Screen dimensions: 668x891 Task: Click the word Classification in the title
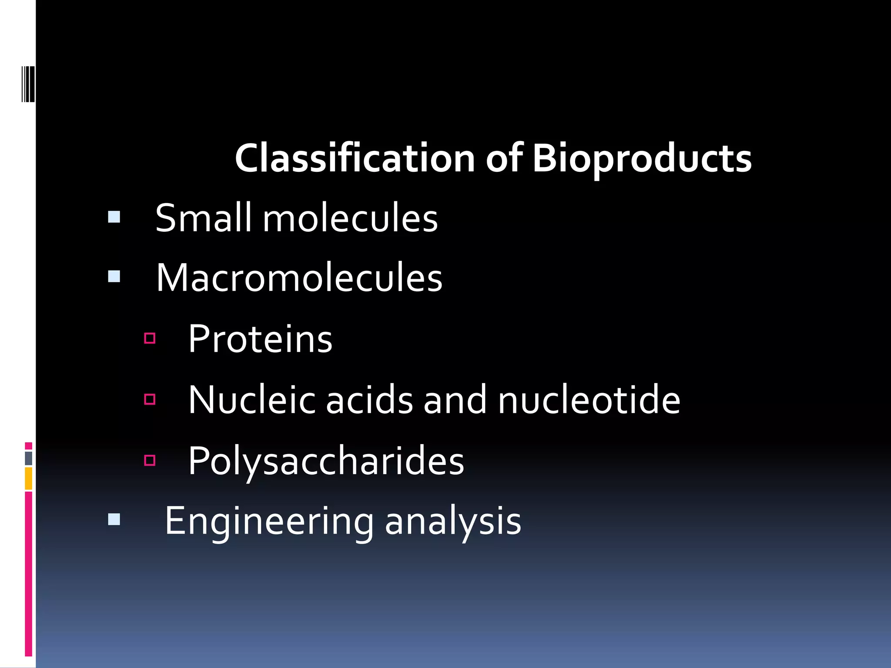(355, 158)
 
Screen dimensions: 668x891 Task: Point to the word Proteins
(260, 339)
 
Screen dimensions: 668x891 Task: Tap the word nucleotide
(589, 400)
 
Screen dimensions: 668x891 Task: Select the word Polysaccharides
(326, 461)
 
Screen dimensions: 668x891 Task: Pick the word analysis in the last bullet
(453, 521)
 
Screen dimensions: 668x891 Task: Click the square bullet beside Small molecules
(114, 217)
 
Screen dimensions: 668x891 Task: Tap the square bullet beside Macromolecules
(114, 277)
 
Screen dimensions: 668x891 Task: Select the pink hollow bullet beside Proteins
(150, 338)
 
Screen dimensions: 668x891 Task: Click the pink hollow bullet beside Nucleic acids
(150, 399)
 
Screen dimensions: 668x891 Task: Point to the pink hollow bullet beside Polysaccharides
(150, 460)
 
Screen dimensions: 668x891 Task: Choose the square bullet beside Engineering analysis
(114, 519)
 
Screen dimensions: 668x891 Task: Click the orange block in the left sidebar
(29, 478)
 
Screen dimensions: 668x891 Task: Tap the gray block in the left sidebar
(29, 458)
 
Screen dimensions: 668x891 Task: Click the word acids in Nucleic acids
(369, 400)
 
